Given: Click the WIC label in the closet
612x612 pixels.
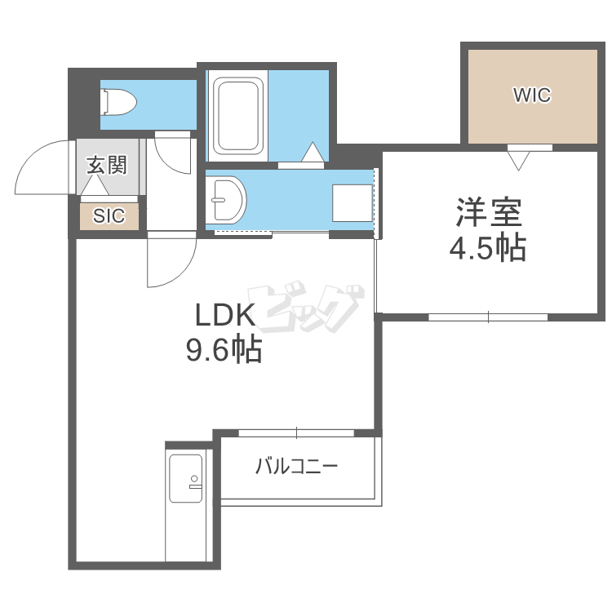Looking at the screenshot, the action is pos(532,95).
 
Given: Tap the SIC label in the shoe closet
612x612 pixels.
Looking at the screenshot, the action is pos(109,215).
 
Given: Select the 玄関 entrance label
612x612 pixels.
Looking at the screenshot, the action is pos(107,165).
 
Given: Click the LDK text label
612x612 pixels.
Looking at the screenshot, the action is pos(225,315).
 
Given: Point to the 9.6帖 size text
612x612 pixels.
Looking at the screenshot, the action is pos(224,350).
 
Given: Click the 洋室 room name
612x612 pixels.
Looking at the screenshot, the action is pos(489,212).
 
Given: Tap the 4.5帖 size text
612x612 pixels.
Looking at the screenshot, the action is pos(488,247).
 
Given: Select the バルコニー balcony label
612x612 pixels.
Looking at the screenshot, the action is pos(296,467).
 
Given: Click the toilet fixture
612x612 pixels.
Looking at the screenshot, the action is pos(118,102).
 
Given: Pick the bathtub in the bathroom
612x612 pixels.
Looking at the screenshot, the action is pos(237,117).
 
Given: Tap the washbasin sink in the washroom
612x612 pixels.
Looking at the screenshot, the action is pos(225,200).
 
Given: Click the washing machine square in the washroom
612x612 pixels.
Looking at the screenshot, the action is pos(352,203).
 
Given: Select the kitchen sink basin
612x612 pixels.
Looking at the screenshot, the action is pos(186,478).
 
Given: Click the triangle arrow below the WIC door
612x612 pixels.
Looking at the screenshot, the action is pos(519,161).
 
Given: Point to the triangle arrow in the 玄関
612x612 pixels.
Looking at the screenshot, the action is pos(95,185).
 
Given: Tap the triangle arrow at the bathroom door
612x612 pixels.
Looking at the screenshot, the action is pos(313,152).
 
